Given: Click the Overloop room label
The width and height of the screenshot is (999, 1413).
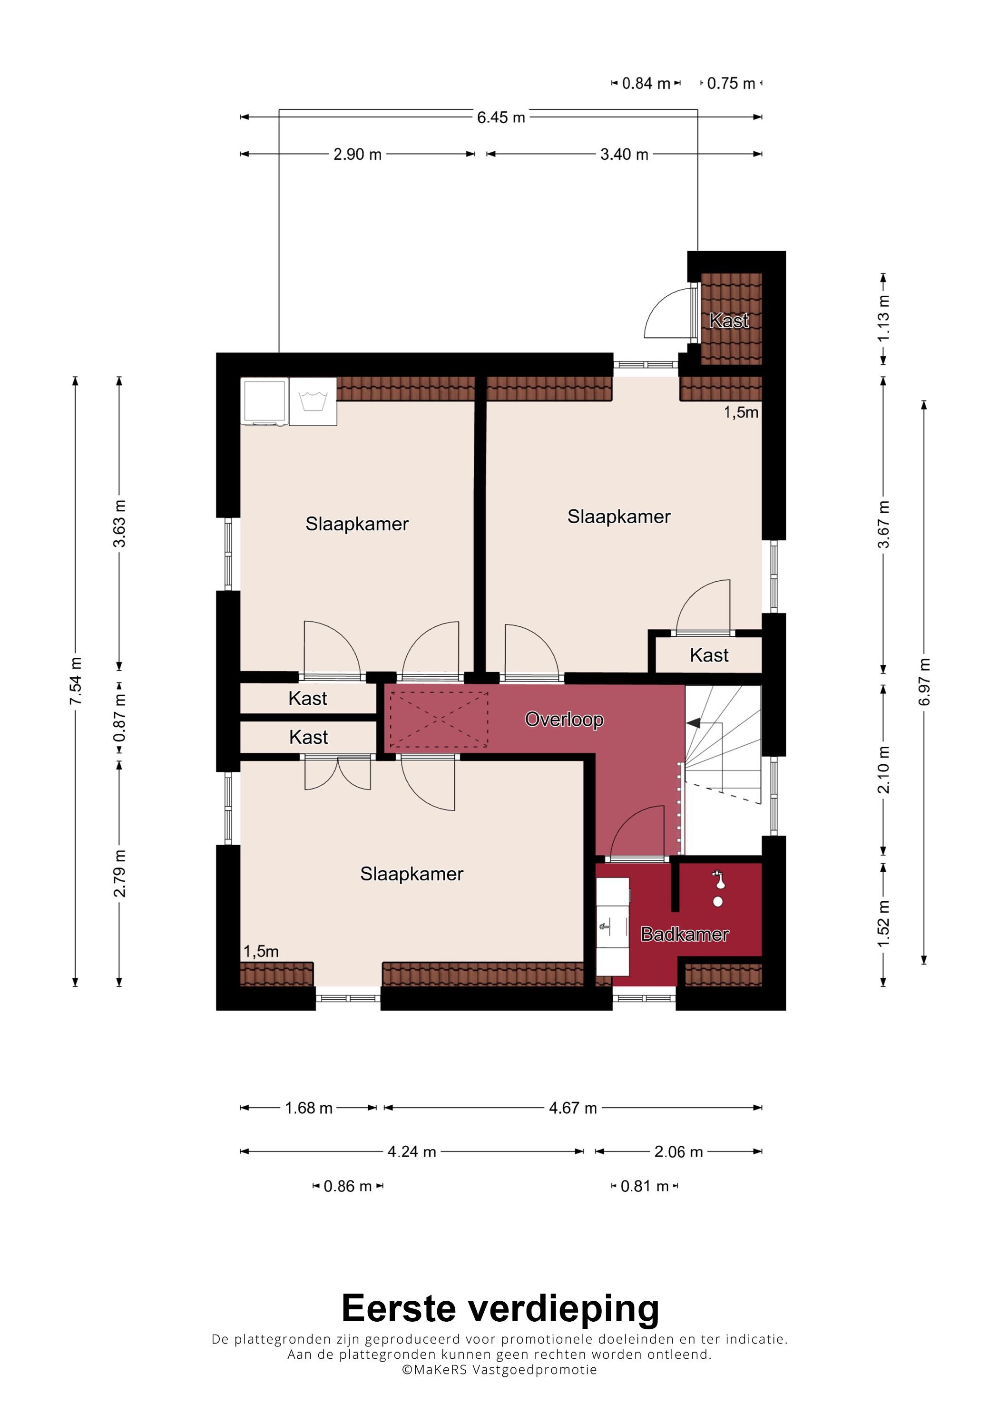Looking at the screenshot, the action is click(x=564, y=720).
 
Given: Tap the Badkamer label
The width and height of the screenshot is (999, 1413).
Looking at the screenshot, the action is click(x=685, y=934).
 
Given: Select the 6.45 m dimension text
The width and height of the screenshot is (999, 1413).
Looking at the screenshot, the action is click(x=501, y=117).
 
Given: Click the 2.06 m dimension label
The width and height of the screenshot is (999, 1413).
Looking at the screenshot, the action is click(x=678, y=1151).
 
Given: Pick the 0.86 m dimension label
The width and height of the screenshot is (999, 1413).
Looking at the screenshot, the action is click(x=348, y=1186).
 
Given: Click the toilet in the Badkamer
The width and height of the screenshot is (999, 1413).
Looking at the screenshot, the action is click(x=718, y=889).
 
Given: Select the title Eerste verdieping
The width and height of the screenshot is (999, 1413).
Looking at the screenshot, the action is click(x=500, y=1308).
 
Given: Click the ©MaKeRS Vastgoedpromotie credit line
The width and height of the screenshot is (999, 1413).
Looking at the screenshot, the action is click(x=499, y=1369).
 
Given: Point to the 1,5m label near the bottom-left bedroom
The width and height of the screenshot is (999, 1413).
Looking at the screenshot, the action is click(x=261, y=952).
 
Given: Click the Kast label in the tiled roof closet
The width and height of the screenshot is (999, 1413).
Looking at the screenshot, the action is click(x=729, y=320).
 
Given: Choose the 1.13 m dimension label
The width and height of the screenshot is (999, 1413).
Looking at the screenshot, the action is click(x=883, y=319).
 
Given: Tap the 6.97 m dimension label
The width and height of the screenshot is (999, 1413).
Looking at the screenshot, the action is click(x=924, y=682).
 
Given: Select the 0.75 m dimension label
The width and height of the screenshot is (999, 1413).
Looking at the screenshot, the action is click(x=731, y=83).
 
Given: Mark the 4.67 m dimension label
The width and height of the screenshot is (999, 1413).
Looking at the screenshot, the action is click(x=573, y=1108).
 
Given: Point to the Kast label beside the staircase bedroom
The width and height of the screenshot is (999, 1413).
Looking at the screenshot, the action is click(x=709, y=655).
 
